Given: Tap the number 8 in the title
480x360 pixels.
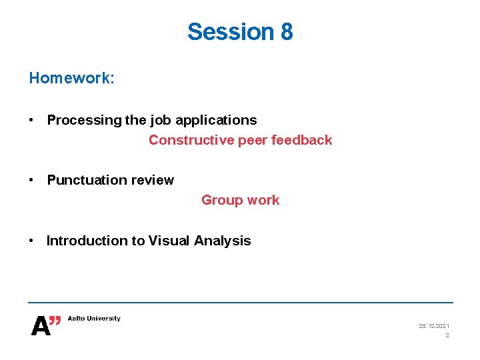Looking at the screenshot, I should point(286,31).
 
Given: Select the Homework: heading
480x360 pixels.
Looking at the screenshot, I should point(72,78).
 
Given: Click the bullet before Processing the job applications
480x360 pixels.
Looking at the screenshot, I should point(31,120).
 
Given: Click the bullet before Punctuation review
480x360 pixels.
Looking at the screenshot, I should point(31,180).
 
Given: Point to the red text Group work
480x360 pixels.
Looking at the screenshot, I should point(241,200).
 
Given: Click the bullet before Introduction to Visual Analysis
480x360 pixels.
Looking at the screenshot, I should point(31,241).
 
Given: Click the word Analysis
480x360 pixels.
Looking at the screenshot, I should point(223,241).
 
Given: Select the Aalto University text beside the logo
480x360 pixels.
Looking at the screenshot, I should point(94,319).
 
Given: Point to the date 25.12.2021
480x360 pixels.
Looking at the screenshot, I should point(433,326).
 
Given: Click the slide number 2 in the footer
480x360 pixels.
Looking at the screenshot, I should point(447,335).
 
